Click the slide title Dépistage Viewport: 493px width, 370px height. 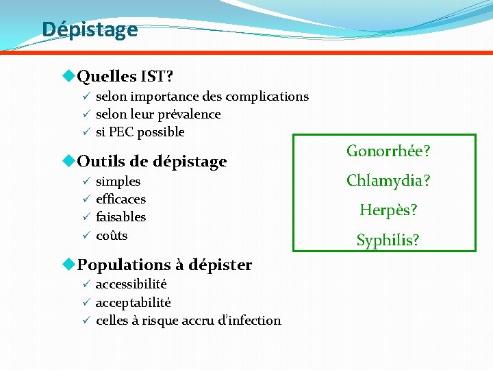point(90,29)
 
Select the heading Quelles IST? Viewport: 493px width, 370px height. point(125,74)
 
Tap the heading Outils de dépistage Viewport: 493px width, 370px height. point(152,162)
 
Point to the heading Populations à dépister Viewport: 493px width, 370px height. point(164,264)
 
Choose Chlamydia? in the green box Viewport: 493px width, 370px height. point(388,181)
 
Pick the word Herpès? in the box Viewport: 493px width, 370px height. point(388,210)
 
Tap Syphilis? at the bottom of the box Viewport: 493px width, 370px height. point(388,240)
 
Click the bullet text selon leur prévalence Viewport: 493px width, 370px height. point(158,114)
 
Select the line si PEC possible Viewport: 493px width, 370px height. point(140,132)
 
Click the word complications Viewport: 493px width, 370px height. point(267,97)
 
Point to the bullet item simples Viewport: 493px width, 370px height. point(118,182)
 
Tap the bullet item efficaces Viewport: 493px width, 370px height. point(121,199)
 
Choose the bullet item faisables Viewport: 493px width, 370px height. point(121,217)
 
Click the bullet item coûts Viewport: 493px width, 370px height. point(112,235)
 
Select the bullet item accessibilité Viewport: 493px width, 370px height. point(131,284)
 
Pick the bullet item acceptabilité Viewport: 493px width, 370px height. point(133,302)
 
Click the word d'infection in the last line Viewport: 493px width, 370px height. point(250,320)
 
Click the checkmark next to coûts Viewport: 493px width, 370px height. point(86,235)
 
